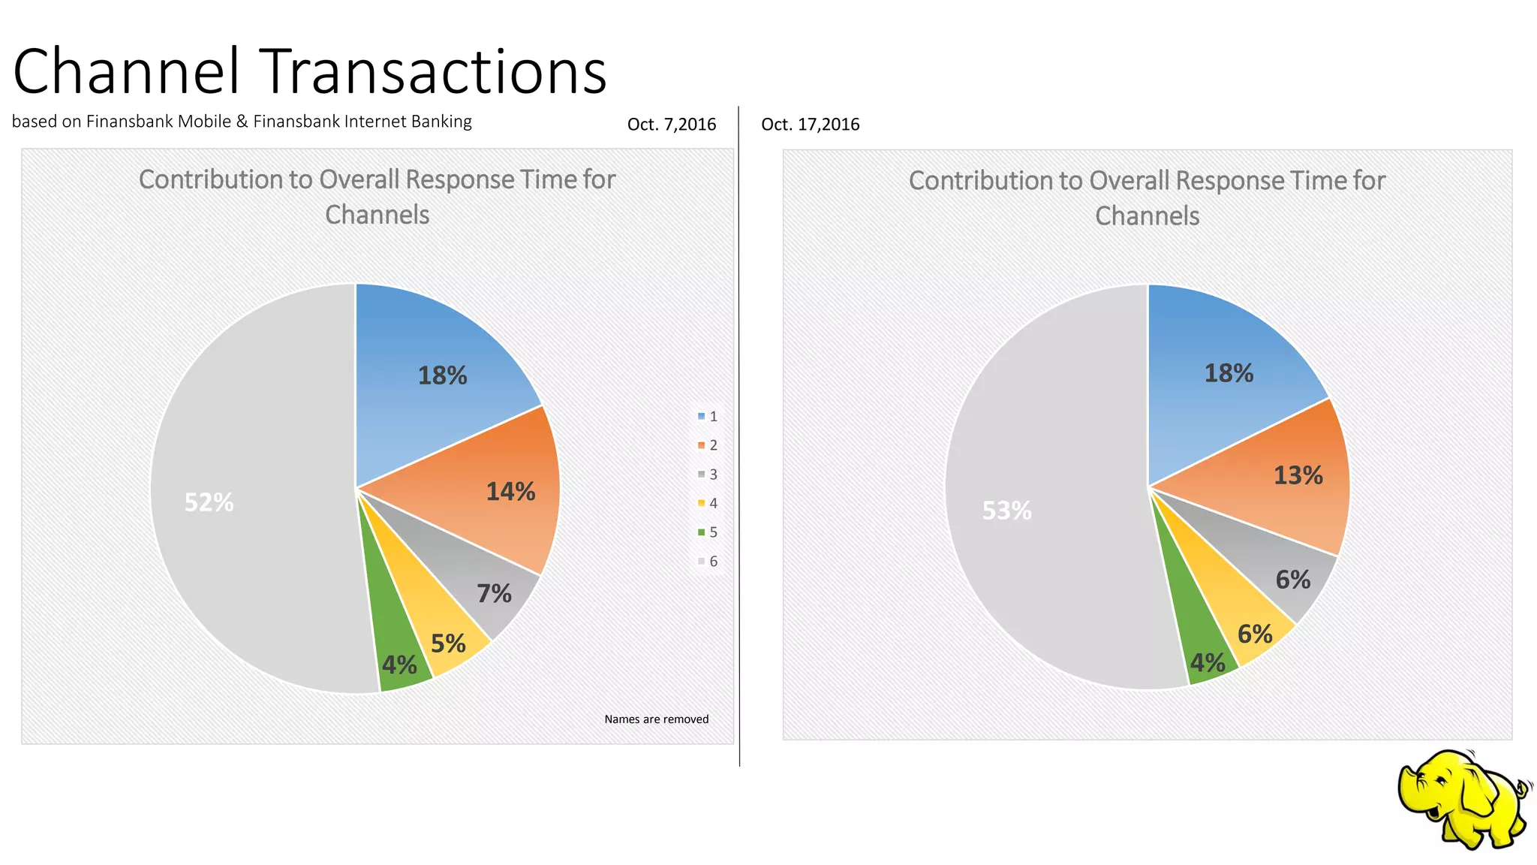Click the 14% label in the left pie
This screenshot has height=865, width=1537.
(510, 492)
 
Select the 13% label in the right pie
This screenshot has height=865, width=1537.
(1298, 475)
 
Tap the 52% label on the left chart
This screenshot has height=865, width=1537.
(209, 502)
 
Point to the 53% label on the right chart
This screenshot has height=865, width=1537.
(1006, 511)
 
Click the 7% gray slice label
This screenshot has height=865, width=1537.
(494, 594)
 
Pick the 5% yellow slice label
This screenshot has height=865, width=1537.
(448, 643)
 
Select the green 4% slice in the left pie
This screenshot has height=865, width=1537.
(399, 665)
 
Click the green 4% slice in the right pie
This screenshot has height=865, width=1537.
(1208, 663)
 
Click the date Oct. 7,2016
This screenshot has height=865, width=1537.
(672, 125)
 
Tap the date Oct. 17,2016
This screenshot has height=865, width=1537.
(810, 125)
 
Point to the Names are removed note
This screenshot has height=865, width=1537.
(656, 719)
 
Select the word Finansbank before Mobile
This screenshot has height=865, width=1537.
(129, 122)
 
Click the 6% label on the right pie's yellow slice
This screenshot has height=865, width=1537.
(1255, 634)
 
